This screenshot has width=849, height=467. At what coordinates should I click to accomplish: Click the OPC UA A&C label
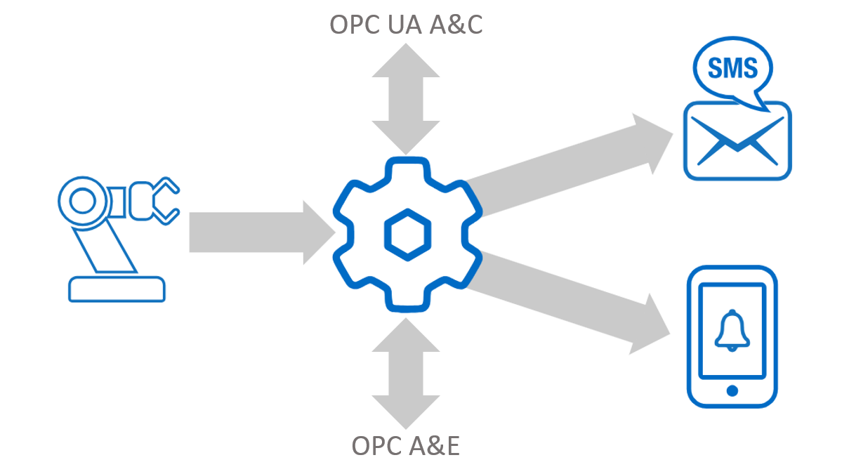tap(406, 25)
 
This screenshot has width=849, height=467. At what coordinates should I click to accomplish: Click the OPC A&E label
tap(405, 445)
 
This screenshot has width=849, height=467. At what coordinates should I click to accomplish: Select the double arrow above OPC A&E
tap(406, 372)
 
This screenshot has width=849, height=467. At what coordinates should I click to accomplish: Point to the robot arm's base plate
tap(117, 289)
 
